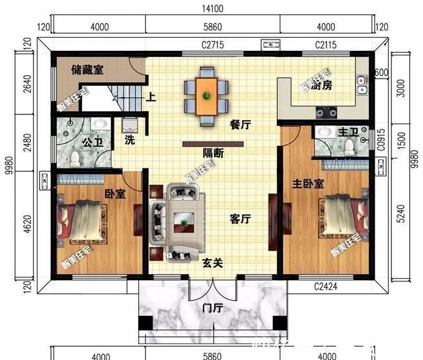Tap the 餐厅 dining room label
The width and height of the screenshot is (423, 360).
coord(239,124)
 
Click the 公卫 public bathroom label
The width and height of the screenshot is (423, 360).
coord(92,141)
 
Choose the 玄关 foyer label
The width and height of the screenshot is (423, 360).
coord(212,263)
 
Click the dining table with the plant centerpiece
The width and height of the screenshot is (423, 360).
coord(207,96)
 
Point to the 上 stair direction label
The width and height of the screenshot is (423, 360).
coord(151,98)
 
